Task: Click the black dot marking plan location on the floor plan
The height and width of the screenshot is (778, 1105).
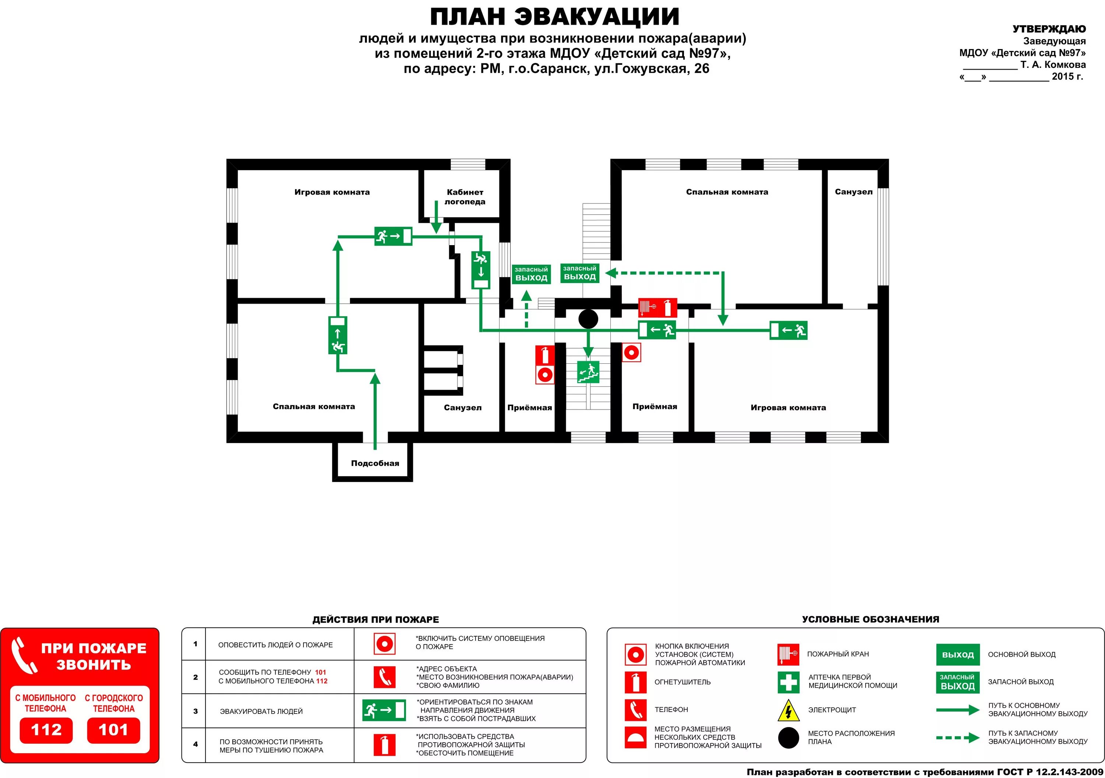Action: (x=588, y=319)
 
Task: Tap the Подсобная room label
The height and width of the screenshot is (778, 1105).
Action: (x=375, y=463)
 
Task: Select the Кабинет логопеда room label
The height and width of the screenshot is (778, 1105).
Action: (x=465, y=197)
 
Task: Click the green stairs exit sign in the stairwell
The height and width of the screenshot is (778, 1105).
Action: (x=588, y=371)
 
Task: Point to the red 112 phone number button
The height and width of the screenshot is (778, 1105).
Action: (x=46, y=730)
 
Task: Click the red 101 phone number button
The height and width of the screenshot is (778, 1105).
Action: (x=113, y=730)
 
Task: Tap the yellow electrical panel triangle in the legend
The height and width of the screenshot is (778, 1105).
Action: (x=788, y=710)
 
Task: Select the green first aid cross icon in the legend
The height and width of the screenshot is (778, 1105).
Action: (x=788, y=682)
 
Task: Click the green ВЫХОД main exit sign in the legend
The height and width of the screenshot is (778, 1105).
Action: (x=958, y=655)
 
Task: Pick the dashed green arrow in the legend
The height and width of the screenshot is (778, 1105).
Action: (x=958, y=737)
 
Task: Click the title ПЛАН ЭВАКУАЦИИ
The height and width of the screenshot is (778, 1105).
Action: (x=554, y=17)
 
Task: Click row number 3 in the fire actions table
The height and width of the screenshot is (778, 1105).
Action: (x=195, y=711)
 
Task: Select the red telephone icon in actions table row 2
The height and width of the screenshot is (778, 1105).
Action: (x=385, y=677)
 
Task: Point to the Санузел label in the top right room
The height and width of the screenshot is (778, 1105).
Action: (x=853, y=192)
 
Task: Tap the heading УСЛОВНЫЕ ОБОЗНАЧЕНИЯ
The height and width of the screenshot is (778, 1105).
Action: (x=870, y=619)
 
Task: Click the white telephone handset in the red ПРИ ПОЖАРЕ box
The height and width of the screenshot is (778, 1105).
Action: (x=24, y=655)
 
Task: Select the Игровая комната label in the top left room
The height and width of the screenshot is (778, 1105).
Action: (x=332, y=192)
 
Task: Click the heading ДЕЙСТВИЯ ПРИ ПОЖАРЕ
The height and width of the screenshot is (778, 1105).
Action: (x=375, y=620)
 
